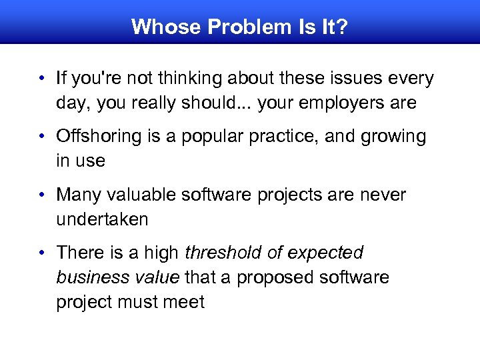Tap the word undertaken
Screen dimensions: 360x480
pos(102,219)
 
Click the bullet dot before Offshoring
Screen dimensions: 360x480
pos(41,137)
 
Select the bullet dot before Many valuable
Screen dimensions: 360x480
pos(41,195)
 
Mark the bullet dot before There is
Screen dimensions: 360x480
pos(41,253)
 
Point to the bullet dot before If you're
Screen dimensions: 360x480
pos(41,79)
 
